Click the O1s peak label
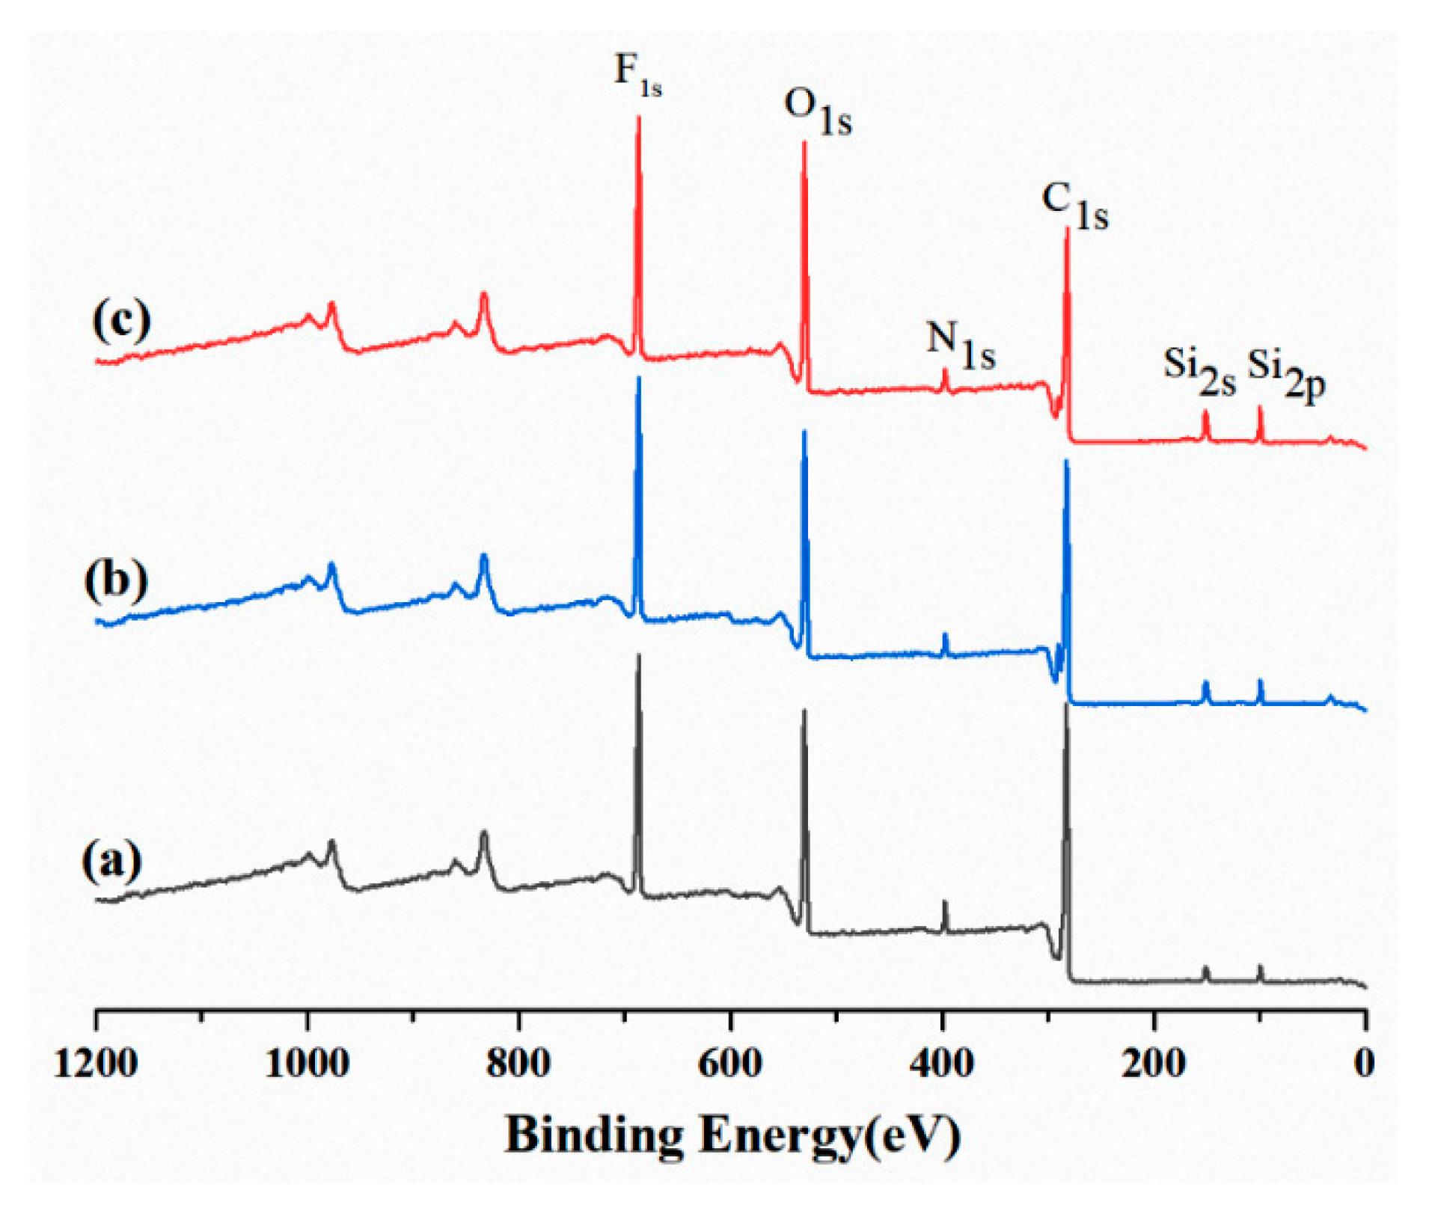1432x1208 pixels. (817, 112)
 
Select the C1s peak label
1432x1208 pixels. (1075, 206)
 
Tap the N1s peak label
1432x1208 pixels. (961, 345)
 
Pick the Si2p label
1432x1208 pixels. (1286, 373)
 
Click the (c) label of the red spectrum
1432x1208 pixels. (121, 320)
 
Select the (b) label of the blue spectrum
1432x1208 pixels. (116, 580)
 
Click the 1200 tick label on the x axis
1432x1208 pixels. (96, 1063)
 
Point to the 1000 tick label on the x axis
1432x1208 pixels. (307, 1063)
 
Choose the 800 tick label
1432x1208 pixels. (518, 1063)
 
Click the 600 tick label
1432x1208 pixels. (730, 1063)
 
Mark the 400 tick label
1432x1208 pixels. (942, 1063)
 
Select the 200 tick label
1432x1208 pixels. (1154, 1063)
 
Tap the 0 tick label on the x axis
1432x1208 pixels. (1365, 1063)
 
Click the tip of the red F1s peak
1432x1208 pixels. (638, 118)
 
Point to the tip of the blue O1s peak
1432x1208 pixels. (804, 432)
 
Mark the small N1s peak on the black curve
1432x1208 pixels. (945, 904)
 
